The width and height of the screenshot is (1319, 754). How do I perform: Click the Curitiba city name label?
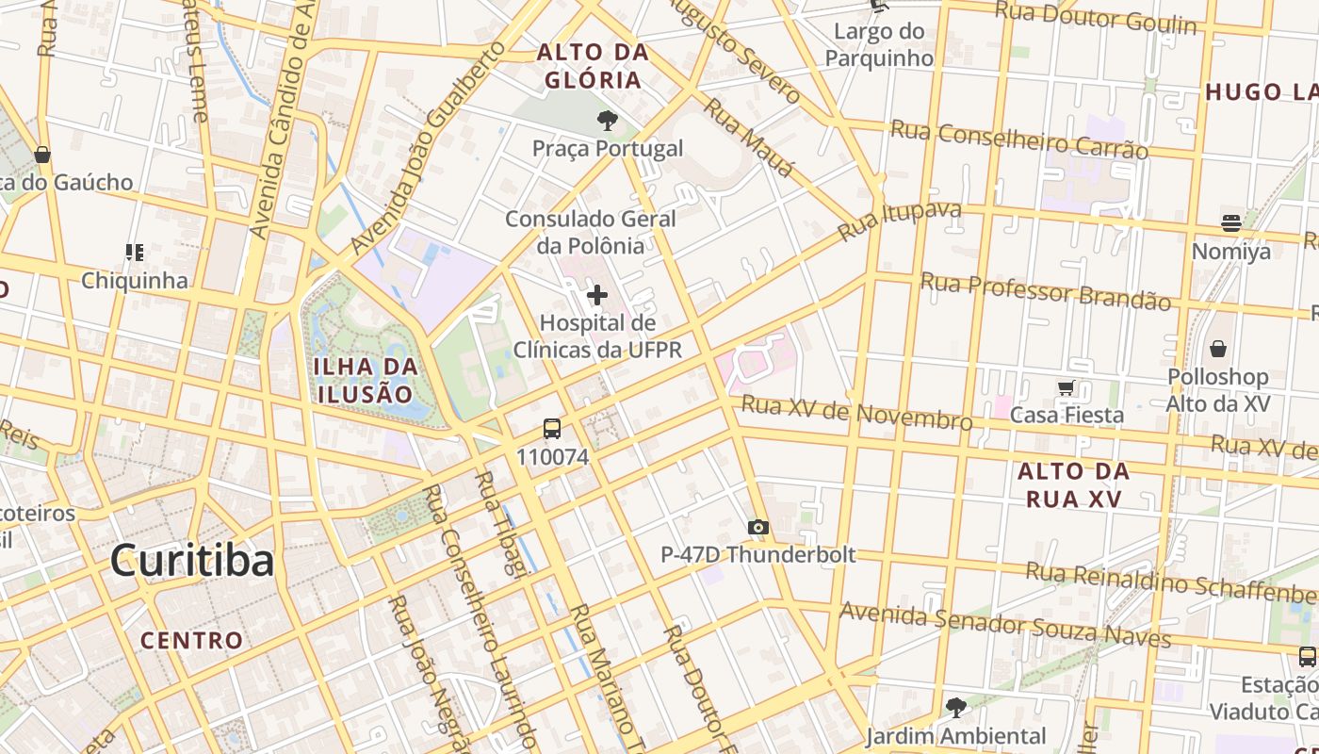click(192, 561)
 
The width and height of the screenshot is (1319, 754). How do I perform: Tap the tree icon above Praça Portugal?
click(608, 121)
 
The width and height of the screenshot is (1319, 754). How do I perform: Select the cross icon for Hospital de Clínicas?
click(596, 295)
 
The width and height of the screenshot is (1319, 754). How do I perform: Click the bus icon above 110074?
click(552, 429)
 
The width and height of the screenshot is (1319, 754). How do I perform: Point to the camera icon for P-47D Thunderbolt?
click(757, 527)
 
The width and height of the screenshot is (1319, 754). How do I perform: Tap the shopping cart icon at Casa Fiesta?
click(1067, 387)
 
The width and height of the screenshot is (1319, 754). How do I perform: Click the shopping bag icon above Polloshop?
click(1218, 349)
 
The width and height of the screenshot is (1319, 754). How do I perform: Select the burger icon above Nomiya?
click(1231, 223)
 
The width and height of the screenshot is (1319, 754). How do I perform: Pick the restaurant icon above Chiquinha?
click(134, 252)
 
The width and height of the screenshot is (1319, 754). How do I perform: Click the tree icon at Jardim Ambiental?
click(955, 707)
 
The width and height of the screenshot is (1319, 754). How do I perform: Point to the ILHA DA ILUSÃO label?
click(364, 380)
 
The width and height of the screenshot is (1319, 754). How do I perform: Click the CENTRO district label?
click(192, 641)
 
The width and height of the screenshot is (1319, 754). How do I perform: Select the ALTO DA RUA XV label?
click(1074, 484)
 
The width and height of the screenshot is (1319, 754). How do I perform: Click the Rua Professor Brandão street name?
click(1045, 291)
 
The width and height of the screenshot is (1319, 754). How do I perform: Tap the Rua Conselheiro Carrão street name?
click(1018, 139)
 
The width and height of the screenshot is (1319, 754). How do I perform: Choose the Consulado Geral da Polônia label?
click(591, 232)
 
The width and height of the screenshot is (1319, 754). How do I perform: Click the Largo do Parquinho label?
click(879, 44)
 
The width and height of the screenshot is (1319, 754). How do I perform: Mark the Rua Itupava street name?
click(900, 221)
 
